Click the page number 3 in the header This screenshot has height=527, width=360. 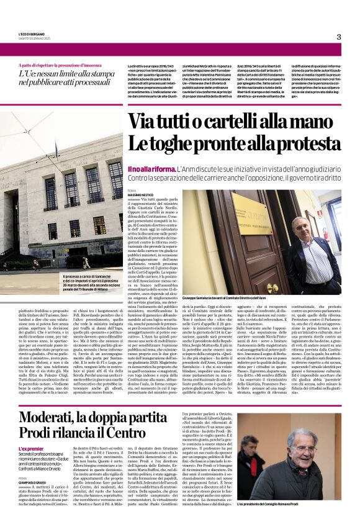coord(339,37)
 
